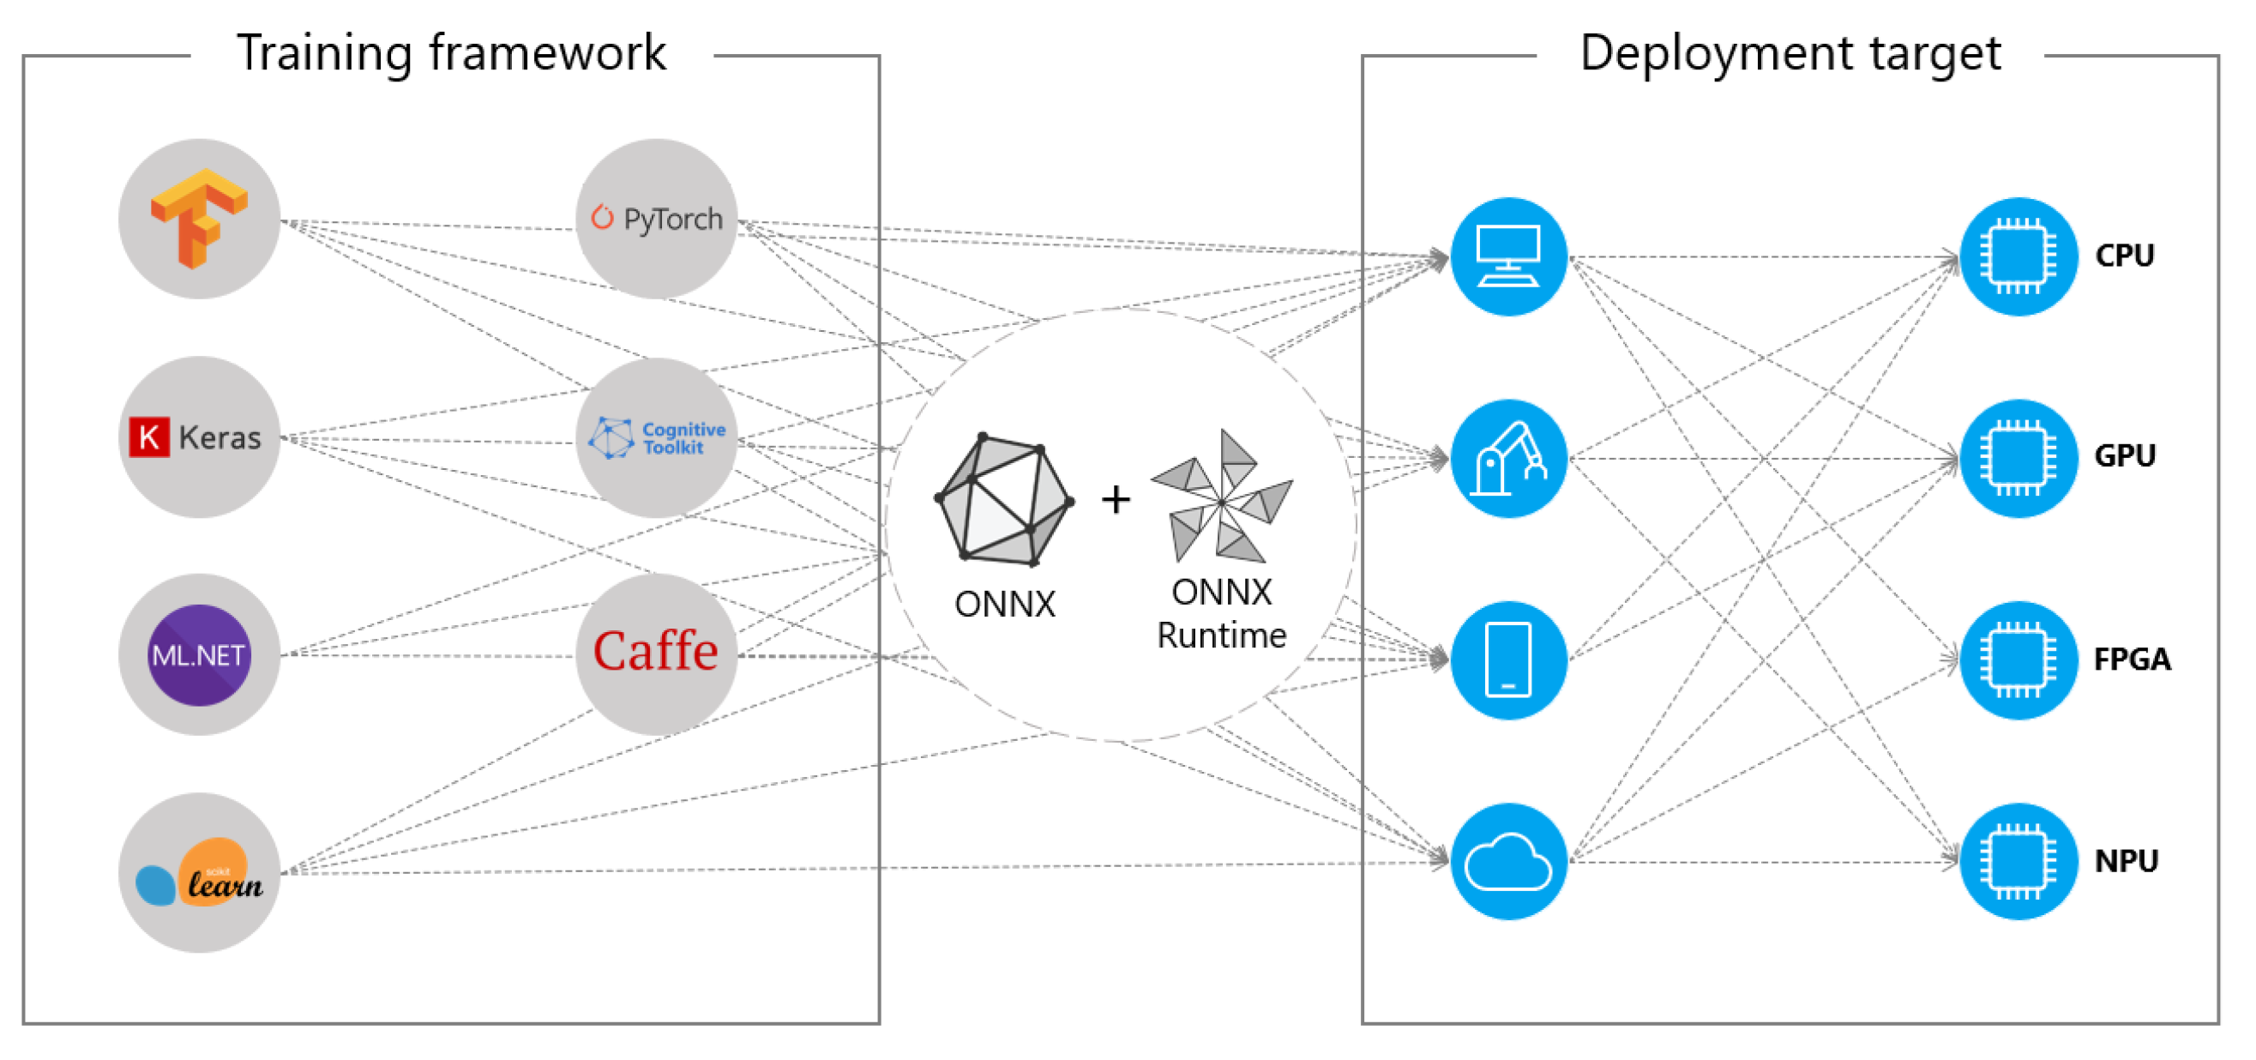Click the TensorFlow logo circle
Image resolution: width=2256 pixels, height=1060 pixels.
pos(199,218)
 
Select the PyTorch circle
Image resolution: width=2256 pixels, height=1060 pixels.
pos(656,218)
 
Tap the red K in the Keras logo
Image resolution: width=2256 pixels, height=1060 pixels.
pos(149,437)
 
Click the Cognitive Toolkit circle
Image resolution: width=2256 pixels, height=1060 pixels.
pos(656,437)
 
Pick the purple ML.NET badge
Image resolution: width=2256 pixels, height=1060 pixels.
pos(199,655)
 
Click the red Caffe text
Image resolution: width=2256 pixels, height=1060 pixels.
pos(655,651)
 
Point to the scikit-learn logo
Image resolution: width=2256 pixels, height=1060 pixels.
pos(199,872)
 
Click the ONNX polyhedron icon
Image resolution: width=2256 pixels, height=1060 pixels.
pos(1003,500)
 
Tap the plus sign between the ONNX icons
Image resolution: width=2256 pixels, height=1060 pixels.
pos(1115,500)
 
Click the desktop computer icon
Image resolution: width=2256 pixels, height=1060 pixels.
pos(1507,256)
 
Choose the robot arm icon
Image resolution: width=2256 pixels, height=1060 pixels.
pos(1507,458)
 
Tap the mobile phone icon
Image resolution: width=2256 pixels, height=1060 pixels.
pos(1507,659)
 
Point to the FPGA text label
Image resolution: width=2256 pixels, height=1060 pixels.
pos(2131,659)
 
